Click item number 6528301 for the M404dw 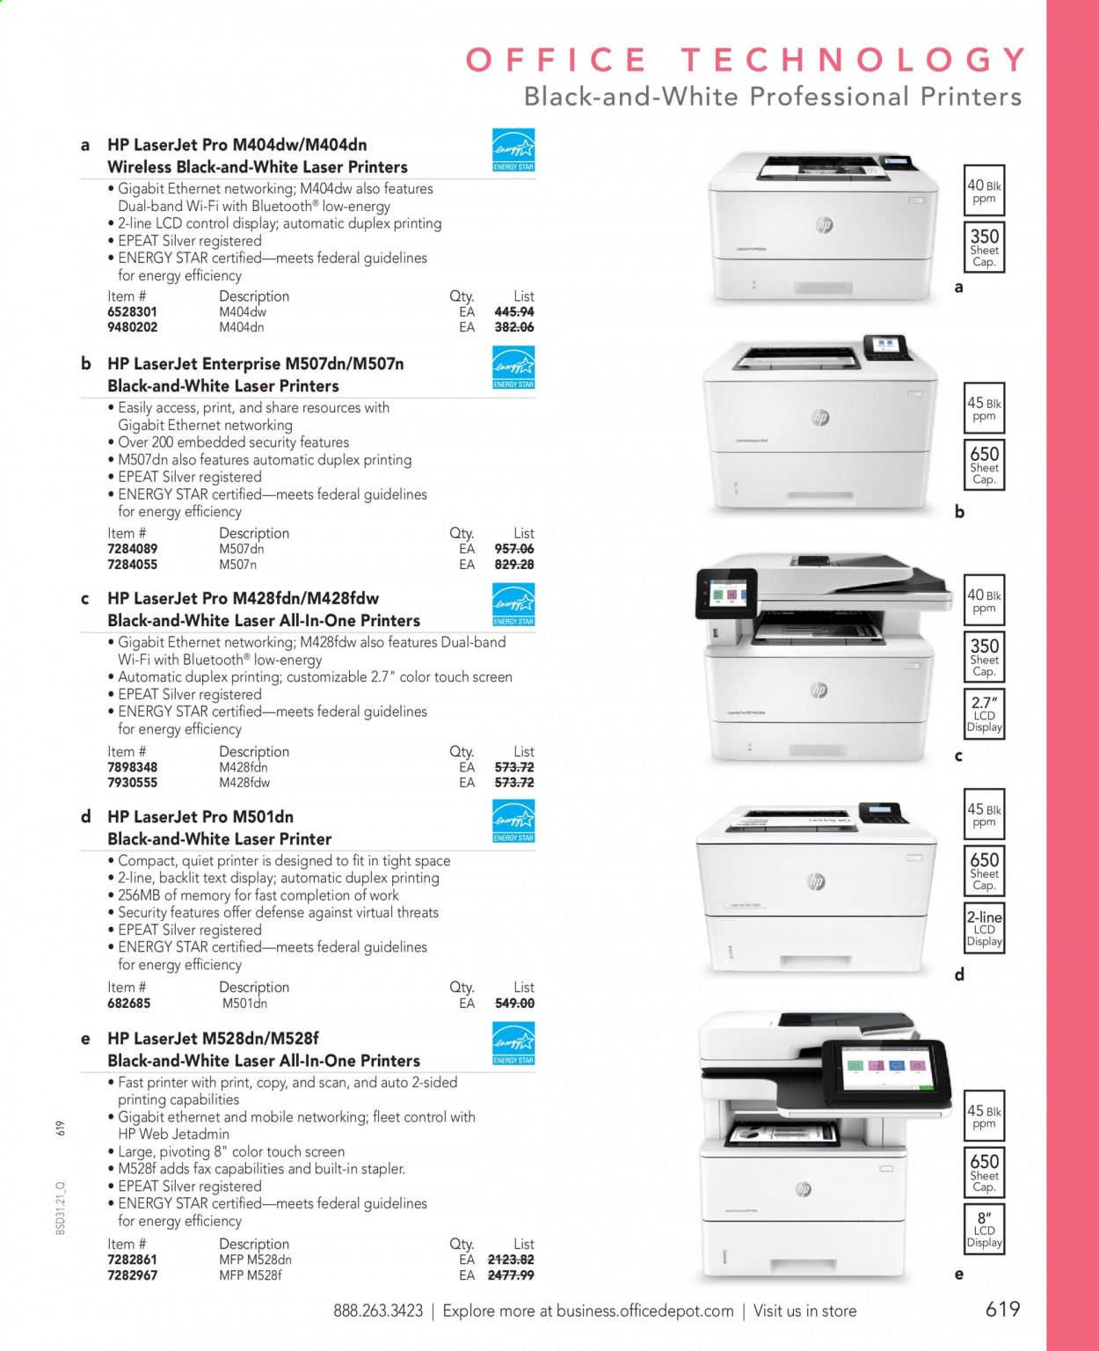pos(132,312)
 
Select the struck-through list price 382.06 pos(514,327)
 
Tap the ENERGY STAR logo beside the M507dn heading pos(513,368)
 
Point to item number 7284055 pos(132,565)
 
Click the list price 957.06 pos(514,549)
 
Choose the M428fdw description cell pos(244,783)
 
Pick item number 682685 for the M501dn pos(128,1004)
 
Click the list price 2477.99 pos(511,1275)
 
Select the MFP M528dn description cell pos(255,1260)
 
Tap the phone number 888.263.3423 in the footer pos(378,1311)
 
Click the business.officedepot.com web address pos(644,1311)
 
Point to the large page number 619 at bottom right pos(1002,1309)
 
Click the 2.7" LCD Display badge pos(984,713)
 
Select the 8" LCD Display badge pos(984,1229)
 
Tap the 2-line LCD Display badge pos(984,928)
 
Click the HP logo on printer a pos(824,225)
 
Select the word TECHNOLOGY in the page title pos(853,60)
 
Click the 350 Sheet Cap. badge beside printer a pos(984,247)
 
